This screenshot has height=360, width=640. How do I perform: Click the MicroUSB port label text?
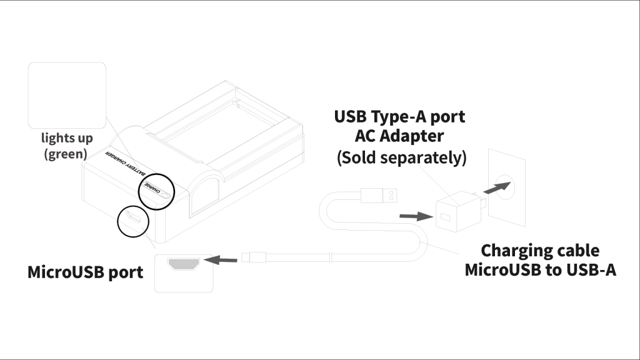[86, 272]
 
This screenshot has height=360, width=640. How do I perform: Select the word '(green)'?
[65, 153]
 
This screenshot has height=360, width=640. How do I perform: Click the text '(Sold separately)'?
[402, 157]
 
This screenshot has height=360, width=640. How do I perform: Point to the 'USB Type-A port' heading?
[399, 117]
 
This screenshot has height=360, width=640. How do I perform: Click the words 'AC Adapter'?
[400, 137]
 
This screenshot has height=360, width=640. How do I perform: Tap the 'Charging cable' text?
[540, 251]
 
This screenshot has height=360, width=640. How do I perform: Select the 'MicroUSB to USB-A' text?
[540, 272]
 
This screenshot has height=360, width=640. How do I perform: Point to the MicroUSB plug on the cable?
[257, 256]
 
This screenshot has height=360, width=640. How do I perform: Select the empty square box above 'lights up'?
[67, 96]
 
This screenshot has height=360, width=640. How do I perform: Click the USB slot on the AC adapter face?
[445, 218]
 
